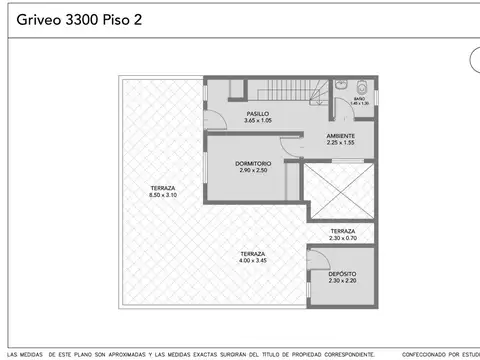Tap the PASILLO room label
(x=258, y=115)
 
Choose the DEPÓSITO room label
(x=342, y=273)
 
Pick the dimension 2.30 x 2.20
(x=342, y=280)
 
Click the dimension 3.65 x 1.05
(x=258, y=121)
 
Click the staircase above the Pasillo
(x=288, y=91)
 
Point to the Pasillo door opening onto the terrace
(x=210, y=117)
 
